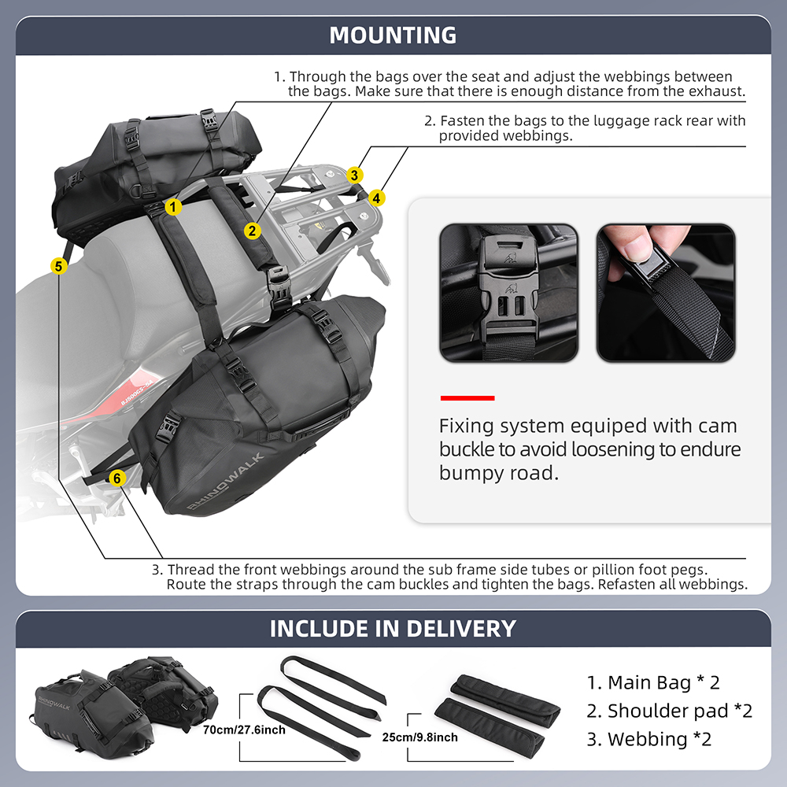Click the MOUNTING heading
coord(393,35)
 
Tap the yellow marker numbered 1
coord(174,207)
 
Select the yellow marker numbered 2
coord(252,231)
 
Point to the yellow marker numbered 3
coord(356,175)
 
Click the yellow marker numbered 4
coord(378,198)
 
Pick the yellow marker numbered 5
coord(58,266)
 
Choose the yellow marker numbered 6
coord(116,478)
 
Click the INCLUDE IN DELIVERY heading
coord(393,629)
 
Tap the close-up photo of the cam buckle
coord(508,293)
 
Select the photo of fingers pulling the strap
coord(665,293)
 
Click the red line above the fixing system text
coord(467,397)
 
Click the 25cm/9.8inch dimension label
coord(419,737)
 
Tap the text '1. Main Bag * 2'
coord(653,682)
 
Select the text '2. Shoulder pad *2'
coord(669,711)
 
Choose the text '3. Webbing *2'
coord(649,739)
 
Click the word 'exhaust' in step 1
coord(719,91)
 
